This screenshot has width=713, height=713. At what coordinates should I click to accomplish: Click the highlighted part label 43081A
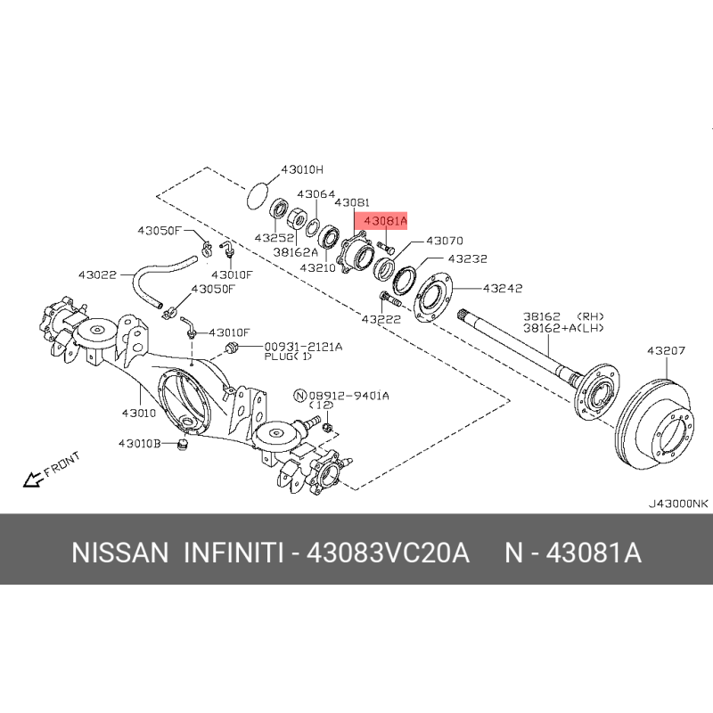[386, 221]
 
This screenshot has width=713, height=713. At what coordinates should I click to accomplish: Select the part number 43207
[666, 350]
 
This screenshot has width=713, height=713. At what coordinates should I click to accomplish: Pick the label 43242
[503, 288]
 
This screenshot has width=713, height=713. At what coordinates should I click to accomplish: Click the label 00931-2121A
[303, 347]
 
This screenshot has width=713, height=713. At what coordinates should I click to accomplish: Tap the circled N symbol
[300, 396]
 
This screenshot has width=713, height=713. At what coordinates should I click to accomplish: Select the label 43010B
[140, 443]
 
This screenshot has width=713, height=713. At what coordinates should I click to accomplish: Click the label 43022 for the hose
[97, 275]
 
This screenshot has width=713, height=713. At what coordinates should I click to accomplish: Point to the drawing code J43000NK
[678, 504]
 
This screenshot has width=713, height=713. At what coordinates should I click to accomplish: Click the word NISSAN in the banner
[120, 553]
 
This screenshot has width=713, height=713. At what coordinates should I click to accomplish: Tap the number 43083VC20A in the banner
[388, 553]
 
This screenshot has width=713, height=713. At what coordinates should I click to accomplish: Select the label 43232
[467, 258]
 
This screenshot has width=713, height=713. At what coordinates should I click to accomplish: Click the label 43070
[445, 241]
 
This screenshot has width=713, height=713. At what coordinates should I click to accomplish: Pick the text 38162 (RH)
[563, 316]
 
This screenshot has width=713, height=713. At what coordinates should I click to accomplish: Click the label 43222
[381, 319]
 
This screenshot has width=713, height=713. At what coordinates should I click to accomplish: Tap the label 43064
[316, 194]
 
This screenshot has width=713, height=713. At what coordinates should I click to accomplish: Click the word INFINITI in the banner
[234, 553]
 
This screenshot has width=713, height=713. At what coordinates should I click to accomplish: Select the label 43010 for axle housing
[139, 413]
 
